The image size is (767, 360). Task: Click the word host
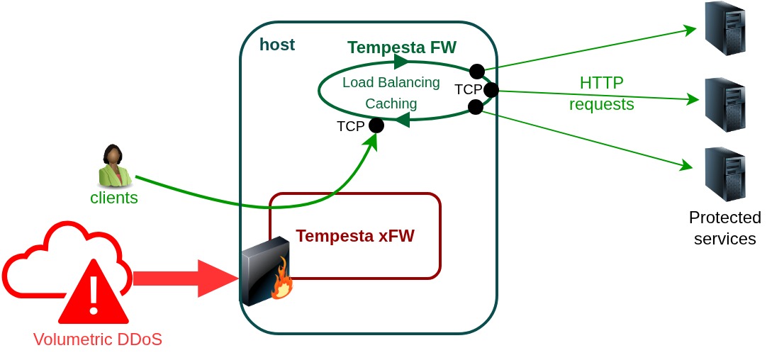[277, 45]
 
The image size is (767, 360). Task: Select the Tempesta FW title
[402, 47]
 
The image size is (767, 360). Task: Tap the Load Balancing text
[391, 82]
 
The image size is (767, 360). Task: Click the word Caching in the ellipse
[391, 103]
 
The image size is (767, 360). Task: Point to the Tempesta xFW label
[355, 236]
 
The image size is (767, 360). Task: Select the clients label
[114, 198]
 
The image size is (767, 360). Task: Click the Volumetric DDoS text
[98, 339]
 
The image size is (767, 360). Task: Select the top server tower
[724, 29]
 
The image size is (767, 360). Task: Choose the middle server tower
[724, 105]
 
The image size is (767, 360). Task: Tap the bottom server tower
[724, 174]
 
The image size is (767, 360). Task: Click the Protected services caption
[724, 227]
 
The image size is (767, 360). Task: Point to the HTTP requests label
[602, 94]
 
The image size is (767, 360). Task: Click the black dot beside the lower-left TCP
[376, 125]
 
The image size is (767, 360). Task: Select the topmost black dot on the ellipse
[477, 71]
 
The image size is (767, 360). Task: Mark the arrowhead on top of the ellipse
[401, 62]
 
